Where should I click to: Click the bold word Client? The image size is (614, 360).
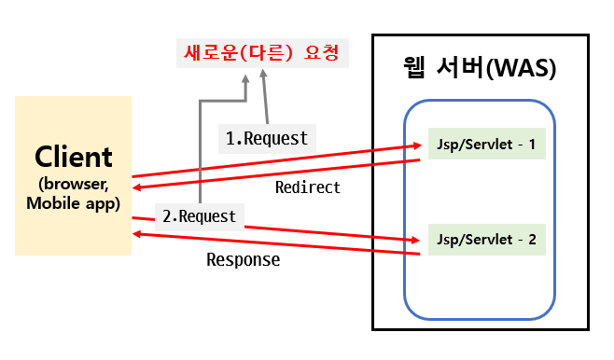73,156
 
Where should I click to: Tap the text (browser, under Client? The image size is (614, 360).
73,183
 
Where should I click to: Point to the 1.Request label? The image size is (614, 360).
267,138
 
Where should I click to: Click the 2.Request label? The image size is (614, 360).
199,216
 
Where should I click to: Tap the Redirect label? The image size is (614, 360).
307,187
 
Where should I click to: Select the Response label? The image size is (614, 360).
243,260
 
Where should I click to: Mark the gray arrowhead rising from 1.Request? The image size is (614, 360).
262,79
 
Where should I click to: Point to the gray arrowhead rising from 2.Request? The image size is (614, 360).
244,79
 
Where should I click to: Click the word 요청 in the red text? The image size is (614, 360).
321,53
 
